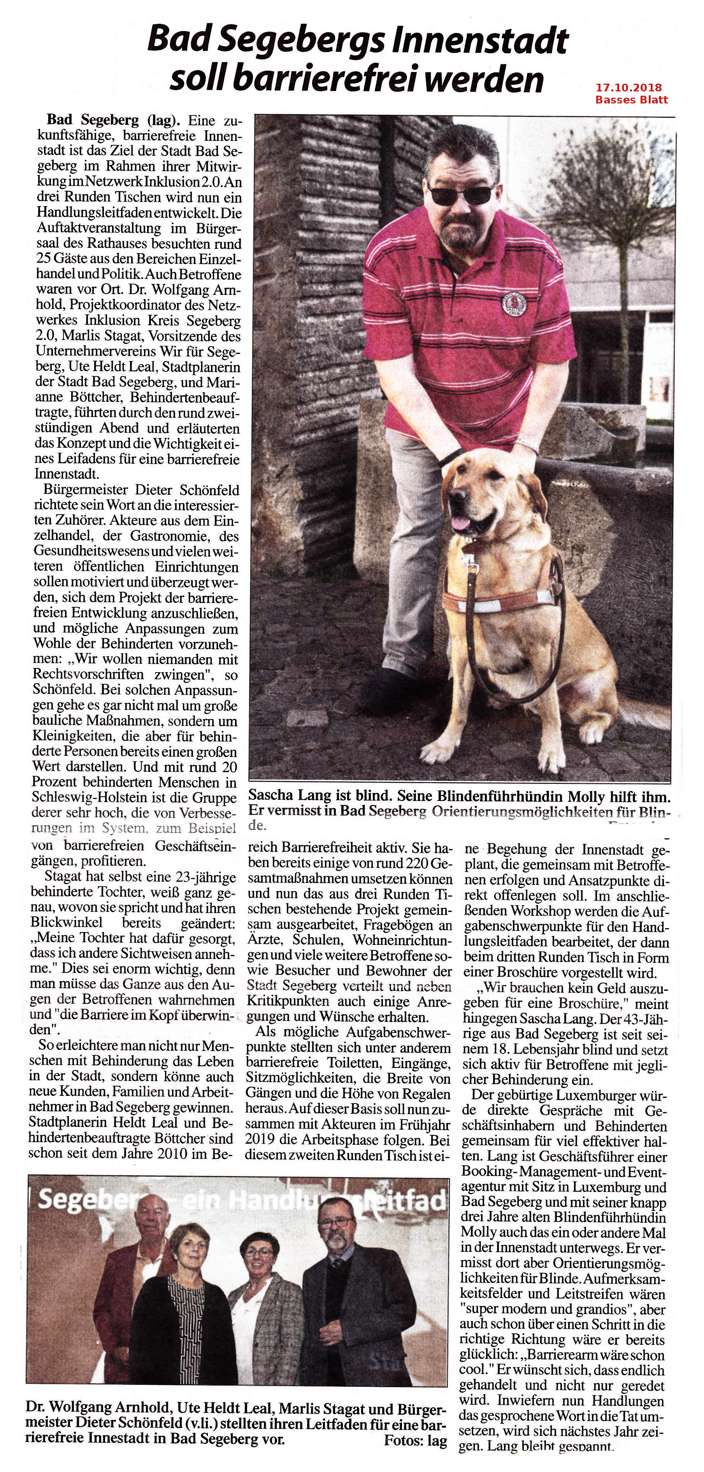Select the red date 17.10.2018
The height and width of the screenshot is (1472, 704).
click(629, 88)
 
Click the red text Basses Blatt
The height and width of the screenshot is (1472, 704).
click(631, 100)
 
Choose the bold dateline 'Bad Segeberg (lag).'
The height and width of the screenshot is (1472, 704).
click(114, 121)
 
